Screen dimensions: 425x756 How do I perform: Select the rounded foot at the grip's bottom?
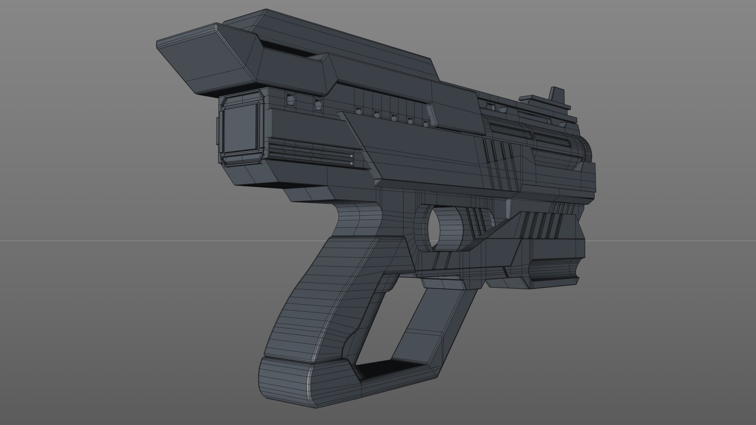click(287, 378)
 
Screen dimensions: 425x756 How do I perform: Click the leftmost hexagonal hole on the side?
click(291, 99)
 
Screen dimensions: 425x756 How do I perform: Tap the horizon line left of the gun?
click(79, 240)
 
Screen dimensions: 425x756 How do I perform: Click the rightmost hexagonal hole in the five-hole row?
click(426, 123)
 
